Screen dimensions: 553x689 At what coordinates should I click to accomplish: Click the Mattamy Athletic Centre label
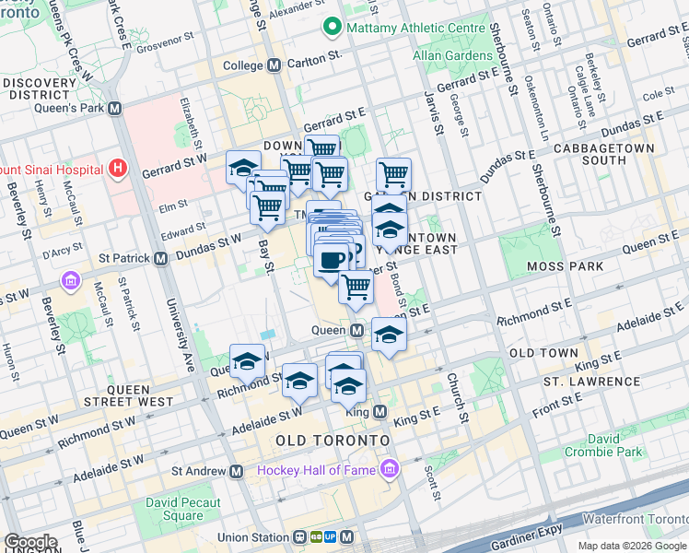click(x=415, y=28)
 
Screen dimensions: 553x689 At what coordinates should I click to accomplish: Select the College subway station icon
click(x=274, y=65)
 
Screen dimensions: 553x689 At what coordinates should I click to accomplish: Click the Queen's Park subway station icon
click(x=115, y=108)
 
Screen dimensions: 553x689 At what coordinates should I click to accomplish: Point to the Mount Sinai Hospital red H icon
click(x=117, y=169)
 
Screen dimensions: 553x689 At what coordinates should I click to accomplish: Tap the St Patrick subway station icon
click(x=160, y=259)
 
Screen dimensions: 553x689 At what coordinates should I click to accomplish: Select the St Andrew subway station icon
click(x=237, y=471)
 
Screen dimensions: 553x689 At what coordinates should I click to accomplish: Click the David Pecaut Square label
click(x=182, y=510)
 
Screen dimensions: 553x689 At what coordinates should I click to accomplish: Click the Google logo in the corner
click(x=29, y=542)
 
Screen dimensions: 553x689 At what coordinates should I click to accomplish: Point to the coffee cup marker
click(x=331, y=259)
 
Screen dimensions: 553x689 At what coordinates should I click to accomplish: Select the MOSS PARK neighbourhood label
click(x=565, y=266)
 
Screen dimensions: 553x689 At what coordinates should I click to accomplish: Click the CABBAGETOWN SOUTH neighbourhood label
click(x=615, y=154)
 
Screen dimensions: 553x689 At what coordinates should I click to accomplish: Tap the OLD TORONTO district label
click(x=333, y=441)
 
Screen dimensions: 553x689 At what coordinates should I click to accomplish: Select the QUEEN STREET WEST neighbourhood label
click(x=129, y=395)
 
